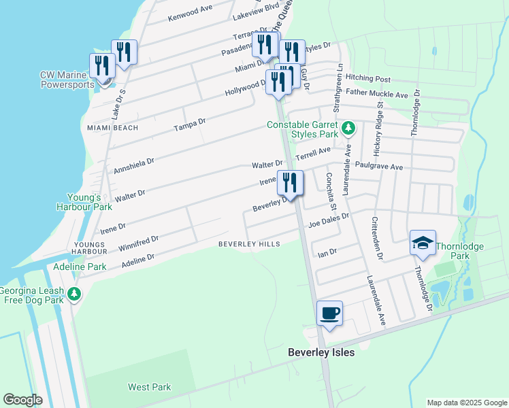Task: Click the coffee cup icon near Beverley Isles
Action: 330,313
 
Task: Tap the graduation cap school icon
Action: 423,243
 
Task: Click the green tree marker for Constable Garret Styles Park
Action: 348,128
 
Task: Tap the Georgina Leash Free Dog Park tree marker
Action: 74,294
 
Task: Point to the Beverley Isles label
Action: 321,352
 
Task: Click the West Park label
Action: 150,387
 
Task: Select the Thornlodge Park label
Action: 469,250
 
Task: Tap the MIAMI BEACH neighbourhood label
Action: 112,128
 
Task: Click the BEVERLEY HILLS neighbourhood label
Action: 249,244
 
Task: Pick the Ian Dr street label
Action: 328,253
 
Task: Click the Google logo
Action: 23,400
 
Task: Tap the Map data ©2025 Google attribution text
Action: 466,403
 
